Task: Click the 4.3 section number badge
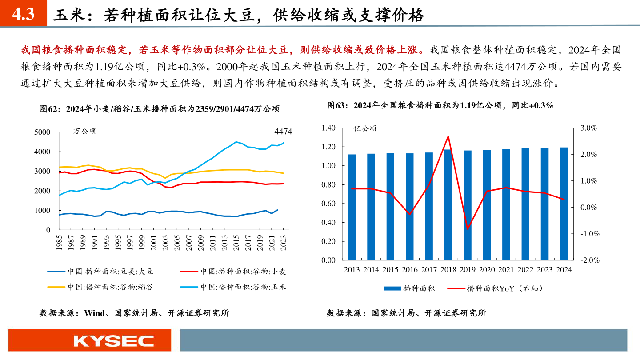23,15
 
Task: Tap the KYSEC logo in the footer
114,341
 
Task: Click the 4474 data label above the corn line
283,132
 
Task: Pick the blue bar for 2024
564,204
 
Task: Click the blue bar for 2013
352,207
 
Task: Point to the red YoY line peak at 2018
448,136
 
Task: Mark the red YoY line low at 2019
468,229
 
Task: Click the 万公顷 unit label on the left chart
84,131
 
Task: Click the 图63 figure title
440,105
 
